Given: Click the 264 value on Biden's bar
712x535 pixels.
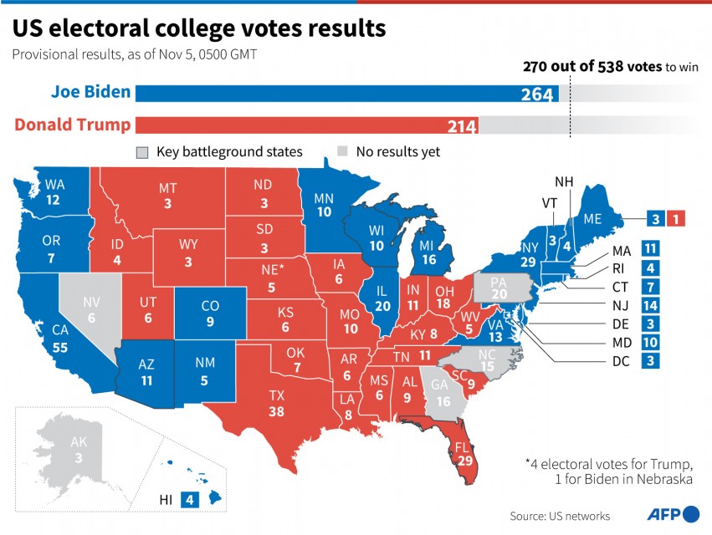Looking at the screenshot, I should point(537,94).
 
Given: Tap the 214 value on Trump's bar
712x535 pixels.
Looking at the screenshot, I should point(461,127).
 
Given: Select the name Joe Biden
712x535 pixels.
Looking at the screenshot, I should point(90,92).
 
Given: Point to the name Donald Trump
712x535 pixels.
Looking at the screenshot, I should point(73,125).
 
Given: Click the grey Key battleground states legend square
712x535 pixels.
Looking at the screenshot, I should point(142,152).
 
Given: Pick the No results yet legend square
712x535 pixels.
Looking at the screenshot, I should point(343,152).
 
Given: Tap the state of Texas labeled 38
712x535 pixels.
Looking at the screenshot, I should point(276,404).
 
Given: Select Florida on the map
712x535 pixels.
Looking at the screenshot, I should point(459,451).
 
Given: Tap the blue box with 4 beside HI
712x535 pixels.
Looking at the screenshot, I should point(191,500).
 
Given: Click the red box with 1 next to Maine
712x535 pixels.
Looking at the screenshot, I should point(678,219).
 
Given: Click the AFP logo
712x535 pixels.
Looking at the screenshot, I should point(674,513).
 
